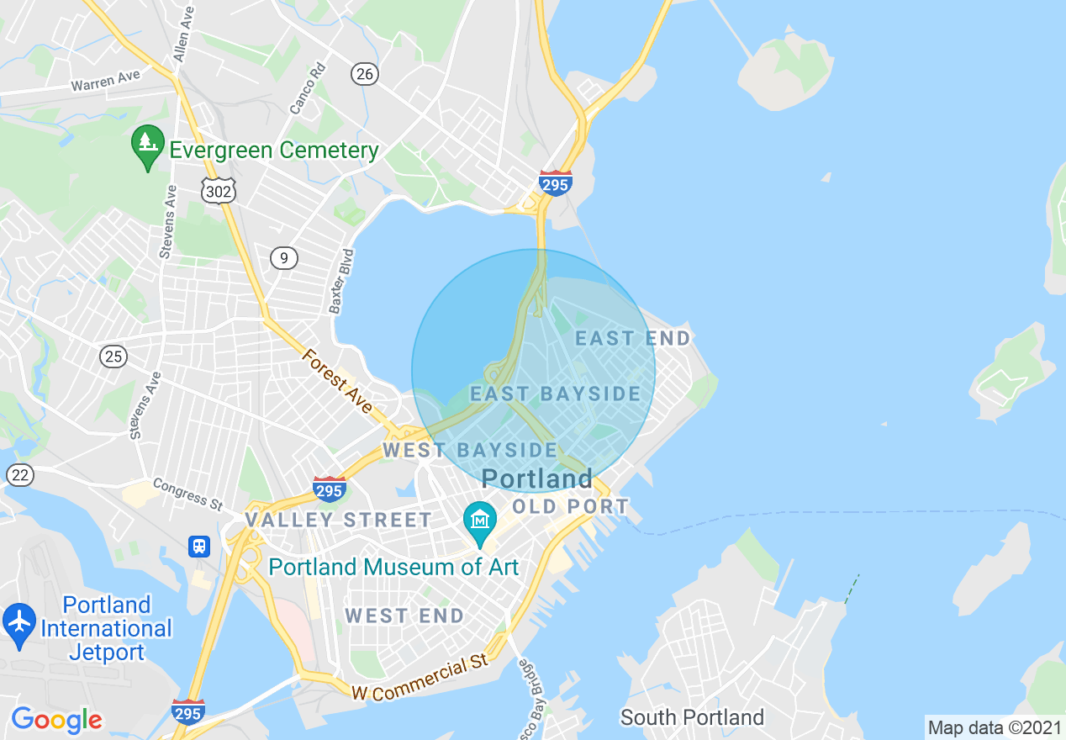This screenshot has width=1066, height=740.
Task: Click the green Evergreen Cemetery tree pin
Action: (x=148, y=146)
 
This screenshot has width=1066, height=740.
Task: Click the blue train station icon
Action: (x=199, y=546)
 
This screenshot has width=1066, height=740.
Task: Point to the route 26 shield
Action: (x=364, y=75)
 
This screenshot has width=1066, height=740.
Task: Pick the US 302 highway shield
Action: (x=219, y=191)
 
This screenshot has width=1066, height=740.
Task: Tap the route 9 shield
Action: (x=284, y=257)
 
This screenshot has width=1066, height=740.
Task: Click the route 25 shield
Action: (x=113, y=357)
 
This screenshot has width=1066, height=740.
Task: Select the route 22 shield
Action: (x=20, y=475)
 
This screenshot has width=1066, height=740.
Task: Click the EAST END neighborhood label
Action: (x=632, y=339)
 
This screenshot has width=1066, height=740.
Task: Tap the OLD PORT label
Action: (x=570, y=507)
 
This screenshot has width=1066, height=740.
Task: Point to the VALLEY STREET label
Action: (x=338, y=521)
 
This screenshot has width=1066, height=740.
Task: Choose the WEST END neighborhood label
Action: (x=404, y=616)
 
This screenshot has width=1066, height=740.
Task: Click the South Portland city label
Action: (x=692, y=717)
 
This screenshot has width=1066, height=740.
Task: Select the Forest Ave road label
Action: (x=337, y=382)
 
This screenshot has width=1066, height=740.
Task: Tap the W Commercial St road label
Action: (x=420, y=680)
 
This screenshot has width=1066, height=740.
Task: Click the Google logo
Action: (x=56, y=720)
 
